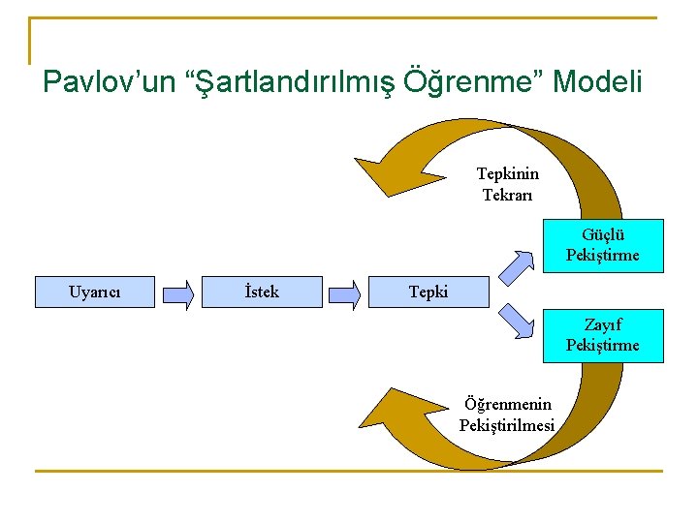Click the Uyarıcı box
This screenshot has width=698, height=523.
click(x=95, y=292)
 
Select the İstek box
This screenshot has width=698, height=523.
click(x=262, y=292)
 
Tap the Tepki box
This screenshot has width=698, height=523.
click(x=428, y=292)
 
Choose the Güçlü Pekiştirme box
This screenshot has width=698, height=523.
click(x=603, y=245)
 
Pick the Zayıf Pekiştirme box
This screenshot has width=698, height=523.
click(x=603, y=335)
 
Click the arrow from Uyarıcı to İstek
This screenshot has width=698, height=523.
click(x=177, y=292)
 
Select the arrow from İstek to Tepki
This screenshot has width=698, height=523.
click(x=344, y=292)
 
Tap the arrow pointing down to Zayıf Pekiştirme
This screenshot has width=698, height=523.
click(x=518, y=321)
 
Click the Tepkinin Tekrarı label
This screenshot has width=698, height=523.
click(x=508, y=184)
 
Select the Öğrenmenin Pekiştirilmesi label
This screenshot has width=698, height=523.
click(x=507, y=415)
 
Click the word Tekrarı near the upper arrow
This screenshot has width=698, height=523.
click(x=508, y=195)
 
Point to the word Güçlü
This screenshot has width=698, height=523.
click(x=603, y=234)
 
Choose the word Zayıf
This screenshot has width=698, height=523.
click(x=603, y=324)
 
